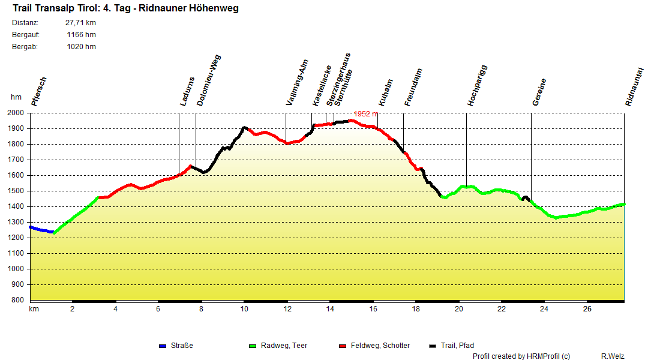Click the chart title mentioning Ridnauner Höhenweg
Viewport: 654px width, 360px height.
(125, 9)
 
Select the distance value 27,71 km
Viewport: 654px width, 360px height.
(80, 23)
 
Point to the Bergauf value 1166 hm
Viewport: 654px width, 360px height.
(82, 35)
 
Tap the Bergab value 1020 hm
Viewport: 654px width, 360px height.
(82, 47)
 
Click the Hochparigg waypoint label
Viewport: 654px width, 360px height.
(478, 86)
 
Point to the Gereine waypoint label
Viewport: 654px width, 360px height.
(539, 92)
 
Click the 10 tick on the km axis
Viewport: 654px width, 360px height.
(244, 309)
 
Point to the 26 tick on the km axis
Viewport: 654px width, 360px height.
(587, 309)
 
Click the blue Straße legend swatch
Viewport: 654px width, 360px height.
(162, 346)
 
